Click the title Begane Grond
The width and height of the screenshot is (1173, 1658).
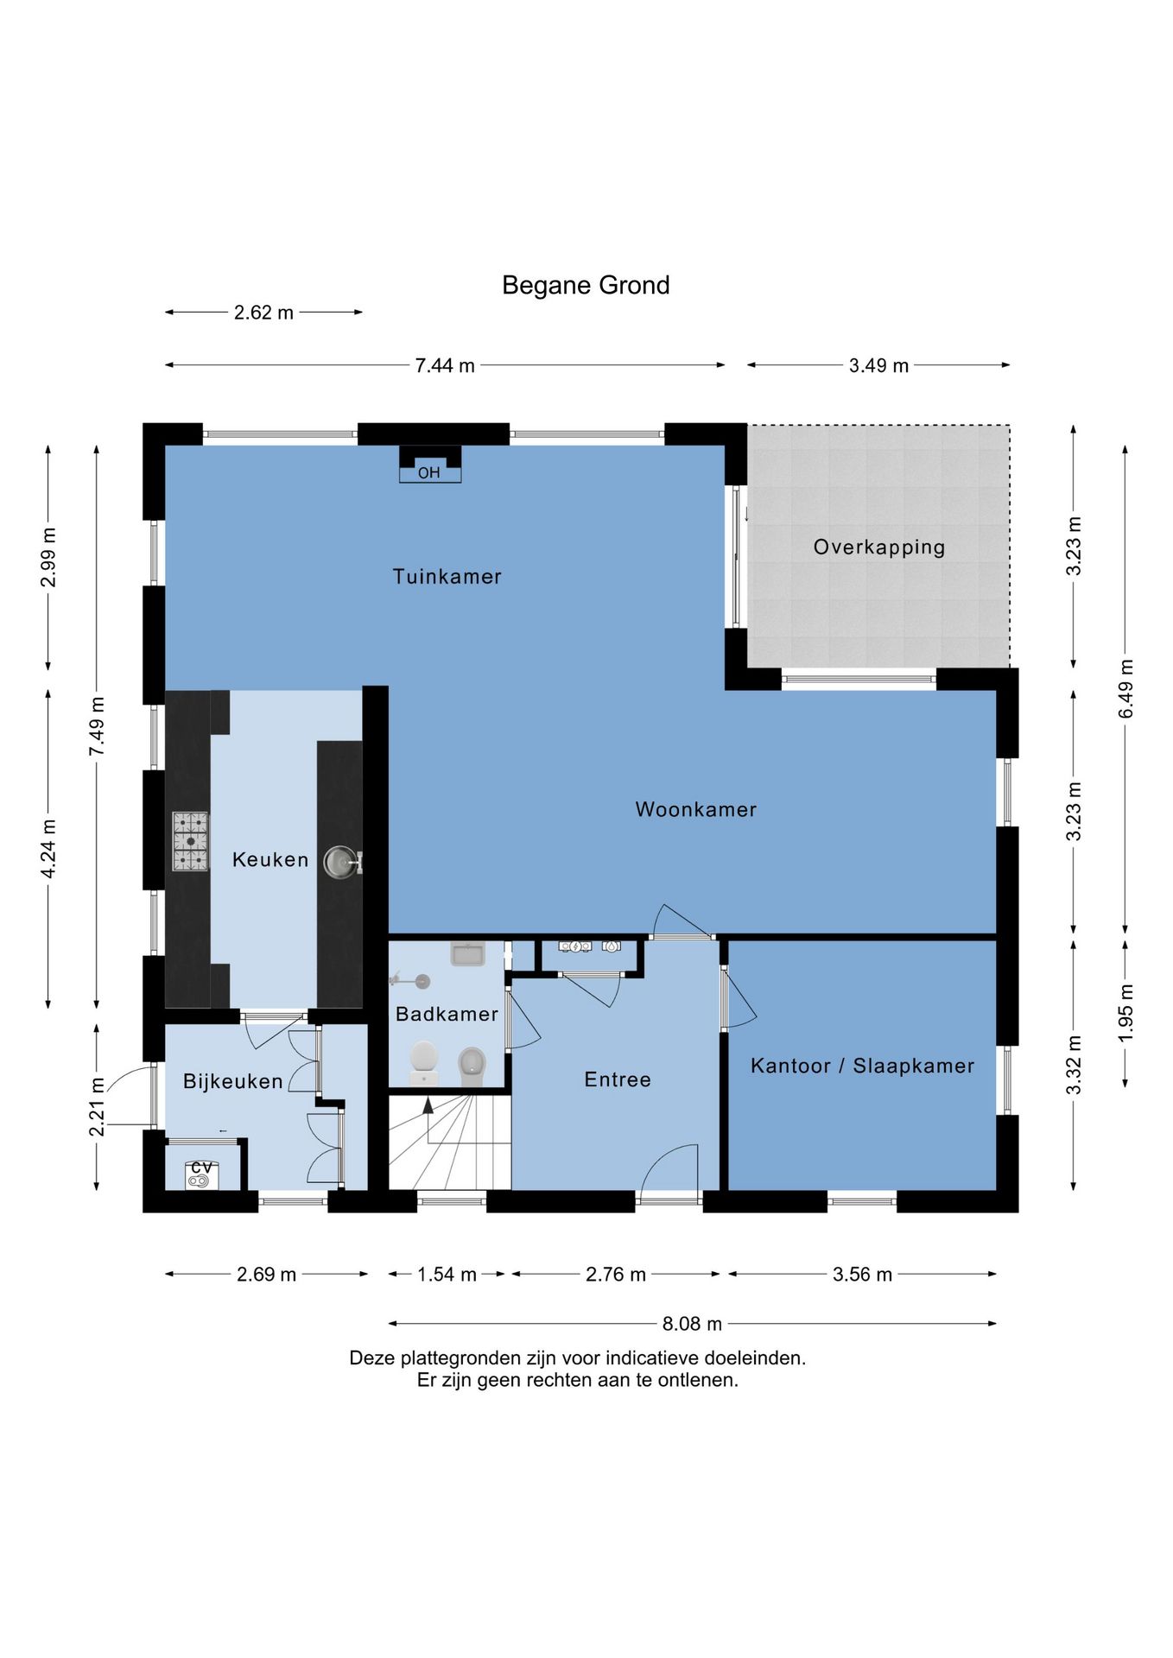coord(586,285)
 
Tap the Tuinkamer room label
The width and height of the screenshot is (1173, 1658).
coord(447,576)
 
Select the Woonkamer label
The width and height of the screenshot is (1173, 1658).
coord(696,809)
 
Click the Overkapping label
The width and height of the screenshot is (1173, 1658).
coord(879,547)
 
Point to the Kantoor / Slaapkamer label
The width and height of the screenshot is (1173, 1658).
coord(862,1066)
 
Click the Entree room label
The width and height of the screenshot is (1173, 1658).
coord(618,1079)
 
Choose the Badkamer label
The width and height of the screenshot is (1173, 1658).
coord(447,1014)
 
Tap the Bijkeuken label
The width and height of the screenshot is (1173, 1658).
coord(233,1081)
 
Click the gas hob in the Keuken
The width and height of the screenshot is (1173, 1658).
coord(190,841)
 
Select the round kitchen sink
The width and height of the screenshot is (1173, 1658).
coord(341,862)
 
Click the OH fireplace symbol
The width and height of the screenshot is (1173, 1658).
coord(429,464)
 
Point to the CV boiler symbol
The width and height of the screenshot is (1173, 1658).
coord(201,1175)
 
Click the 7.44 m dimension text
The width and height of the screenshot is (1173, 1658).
coord(445,365)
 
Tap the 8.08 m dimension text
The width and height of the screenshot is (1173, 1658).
coord(692,1324)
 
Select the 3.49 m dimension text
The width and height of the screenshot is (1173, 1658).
coord(878,365)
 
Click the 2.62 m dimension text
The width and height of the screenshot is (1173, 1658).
coord(263,313)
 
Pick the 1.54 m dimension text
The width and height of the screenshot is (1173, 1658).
coord(447,1275)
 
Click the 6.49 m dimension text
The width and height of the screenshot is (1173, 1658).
coord(1125,688)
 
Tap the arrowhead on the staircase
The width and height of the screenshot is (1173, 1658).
coord(428,1104)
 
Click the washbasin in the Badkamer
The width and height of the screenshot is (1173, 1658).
coord(468,953)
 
